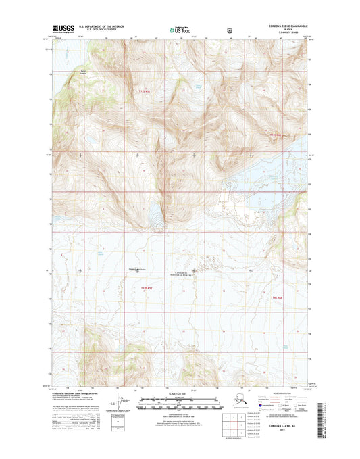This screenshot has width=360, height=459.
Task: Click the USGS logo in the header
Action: coord(63,30)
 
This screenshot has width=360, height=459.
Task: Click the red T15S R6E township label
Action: coord(274,136)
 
